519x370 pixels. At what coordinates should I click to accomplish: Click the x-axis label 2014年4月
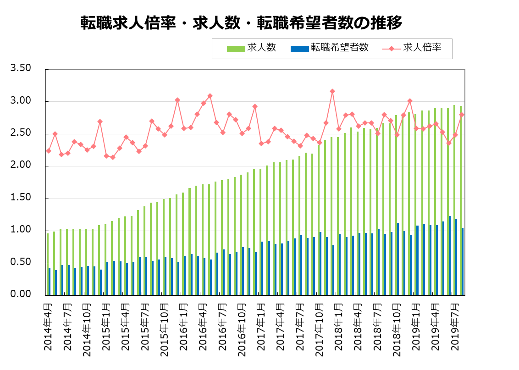pyautogui.click(x=48, y=327)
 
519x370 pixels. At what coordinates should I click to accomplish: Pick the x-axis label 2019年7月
pyautogui.click(x=454, y=327)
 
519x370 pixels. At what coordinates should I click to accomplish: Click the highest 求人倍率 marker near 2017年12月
pyautogui.click(x=332, y=92)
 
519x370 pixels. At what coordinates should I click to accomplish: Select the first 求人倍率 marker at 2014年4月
pyautogui.click(x=49, y=151)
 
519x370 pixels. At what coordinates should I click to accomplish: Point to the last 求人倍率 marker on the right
pyautogui.click(x=462, y=115)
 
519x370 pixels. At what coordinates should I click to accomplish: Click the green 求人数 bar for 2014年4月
pyautogui.click(x=48, y=264)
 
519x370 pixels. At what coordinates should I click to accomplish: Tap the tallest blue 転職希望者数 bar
pyautogui.click(x=450, y=255)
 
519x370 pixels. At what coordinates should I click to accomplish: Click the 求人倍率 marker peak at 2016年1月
pyautogui.click(x=177, y=100)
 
